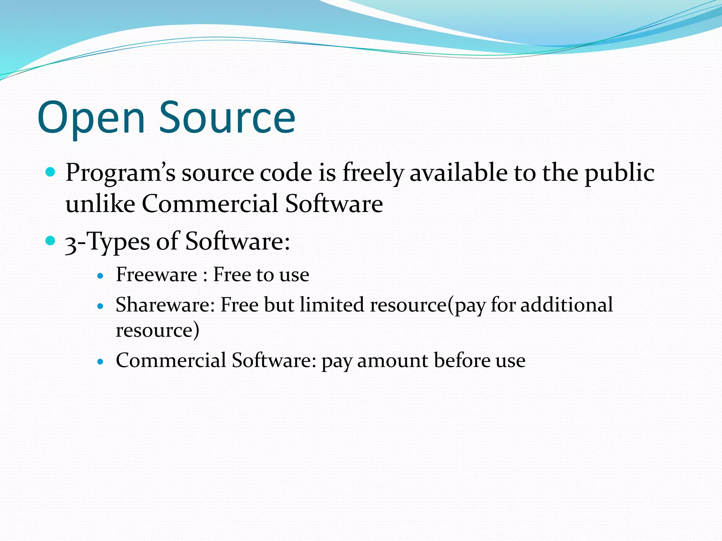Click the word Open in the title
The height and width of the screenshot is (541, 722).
tap(91, 118)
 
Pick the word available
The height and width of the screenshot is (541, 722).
tap(458, 173)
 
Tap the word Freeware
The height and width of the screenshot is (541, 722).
tap(156, 274)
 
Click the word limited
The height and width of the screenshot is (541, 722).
tap(332, 305)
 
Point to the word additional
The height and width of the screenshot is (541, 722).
tap(567, 305)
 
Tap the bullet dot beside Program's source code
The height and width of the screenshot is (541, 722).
tap(51, 172)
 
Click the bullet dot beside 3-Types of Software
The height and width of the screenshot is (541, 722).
tap(51, 241)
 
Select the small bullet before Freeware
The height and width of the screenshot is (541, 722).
tap(100, 276)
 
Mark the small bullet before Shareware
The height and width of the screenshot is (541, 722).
tap(100, 306)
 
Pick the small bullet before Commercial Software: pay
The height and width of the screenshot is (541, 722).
tap(100, 362)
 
